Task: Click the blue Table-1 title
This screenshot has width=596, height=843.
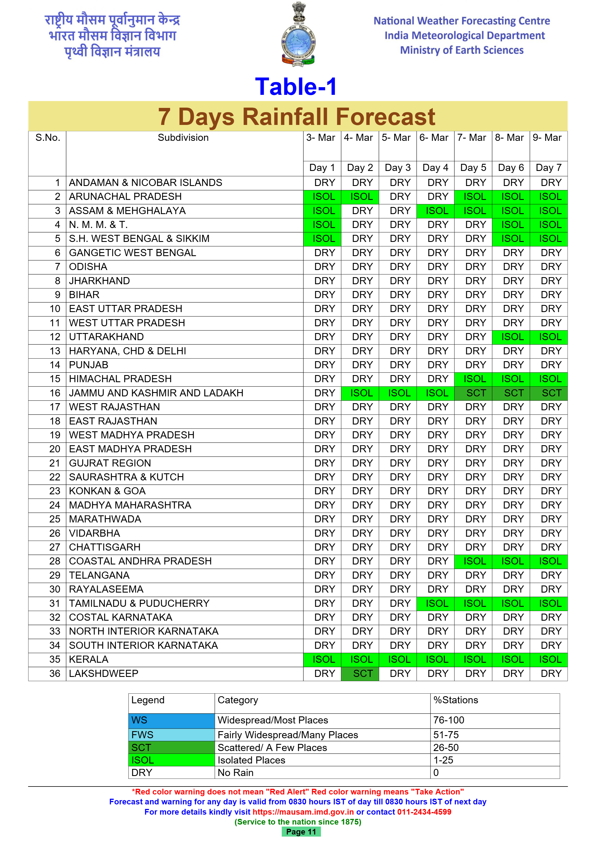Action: tap(296, 87)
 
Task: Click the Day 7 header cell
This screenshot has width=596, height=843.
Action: tap(548, 168)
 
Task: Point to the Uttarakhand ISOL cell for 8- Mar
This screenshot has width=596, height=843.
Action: tap(511, 337)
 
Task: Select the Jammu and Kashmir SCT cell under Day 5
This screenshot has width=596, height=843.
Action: tap(473, 393)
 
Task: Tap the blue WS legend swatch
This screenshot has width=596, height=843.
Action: tap(171, 720)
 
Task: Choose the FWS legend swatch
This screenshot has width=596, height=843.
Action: tap(171, 735)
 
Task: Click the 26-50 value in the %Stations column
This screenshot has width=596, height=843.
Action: tap(446, 748)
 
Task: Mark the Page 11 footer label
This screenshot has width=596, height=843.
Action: tap(301, 832)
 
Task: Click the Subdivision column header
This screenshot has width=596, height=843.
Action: tap(183, 138)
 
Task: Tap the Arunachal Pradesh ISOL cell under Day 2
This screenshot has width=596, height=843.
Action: tap(360, 197)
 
